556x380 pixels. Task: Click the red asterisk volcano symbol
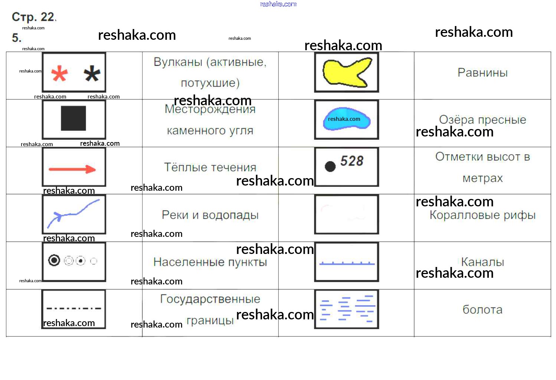click(59, 74)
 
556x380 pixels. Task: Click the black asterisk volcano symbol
click(92, 74)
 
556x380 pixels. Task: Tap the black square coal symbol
click(73, 118)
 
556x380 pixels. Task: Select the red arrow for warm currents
click(72, 170)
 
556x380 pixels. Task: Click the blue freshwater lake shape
click(346, 119)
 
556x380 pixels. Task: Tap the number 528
click(352, 161)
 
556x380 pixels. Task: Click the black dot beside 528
click(330, 166)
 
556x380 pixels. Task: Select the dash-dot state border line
click(73, 308)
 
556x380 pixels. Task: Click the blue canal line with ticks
click(347, 264)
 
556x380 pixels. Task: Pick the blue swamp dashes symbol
click(347, 309)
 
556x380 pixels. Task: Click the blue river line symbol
click(73, 214)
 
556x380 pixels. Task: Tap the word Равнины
click(482, 73)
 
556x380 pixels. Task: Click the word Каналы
click(482, 262)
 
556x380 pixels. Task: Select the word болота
click(482, 309)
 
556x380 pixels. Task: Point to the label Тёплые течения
click(210, 167)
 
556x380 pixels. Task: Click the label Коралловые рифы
click(482, 215)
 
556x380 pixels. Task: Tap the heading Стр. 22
click(33, 17)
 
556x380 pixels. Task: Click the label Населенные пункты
click(210, 262)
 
